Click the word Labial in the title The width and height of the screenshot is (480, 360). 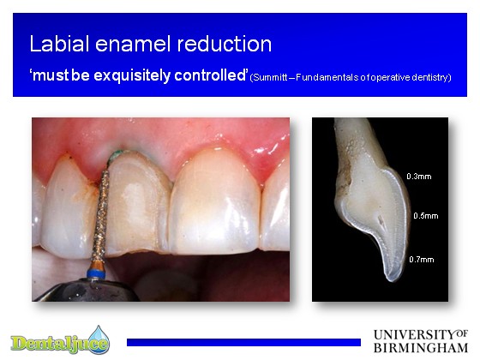pos(59,44)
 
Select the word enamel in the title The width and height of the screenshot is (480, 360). pos(133,44)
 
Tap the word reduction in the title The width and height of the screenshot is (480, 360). pos(225,44)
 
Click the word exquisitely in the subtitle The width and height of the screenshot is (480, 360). pos(132,75)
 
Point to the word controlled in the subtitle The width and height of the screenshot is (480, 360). pos(211,75)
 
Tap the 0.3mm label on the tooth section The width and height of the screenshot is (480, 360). pos(419,177)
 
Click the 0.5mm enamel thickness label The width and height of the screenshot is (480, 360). pos(426,216)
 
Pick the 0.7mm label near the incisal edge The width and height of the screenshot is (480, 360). pos(422,260)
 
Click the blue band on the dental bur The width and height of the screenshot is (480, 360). pos(96,273)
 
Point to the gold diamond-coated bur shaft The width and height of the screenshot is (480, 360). pos(101,214)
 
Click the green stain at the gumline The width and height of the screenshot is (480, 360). pos(117,154)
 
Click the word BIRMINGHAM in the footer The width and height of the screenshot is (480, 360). pos(421,348)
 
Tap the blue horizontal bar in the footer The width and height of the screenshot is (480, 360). pos(243,342)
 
